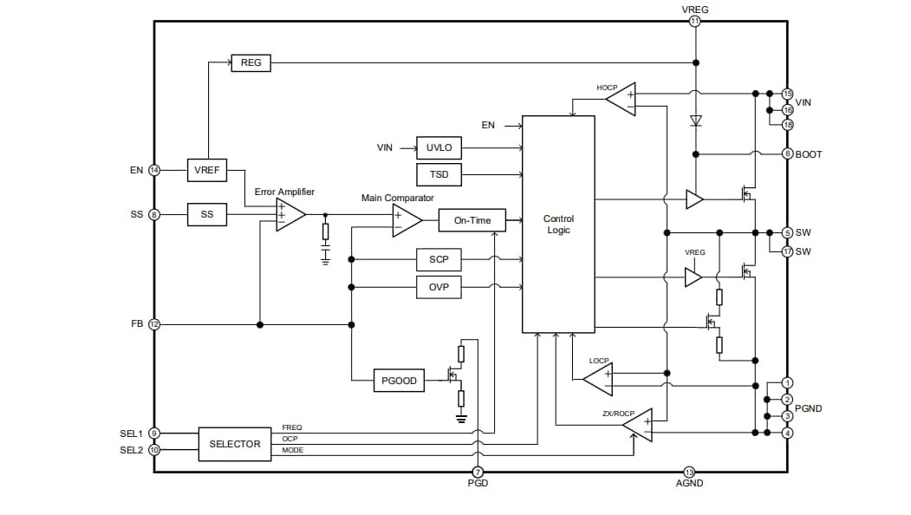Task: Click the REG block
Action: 251,62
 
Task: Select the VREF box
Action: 206,170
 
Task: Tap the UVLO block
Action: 439,148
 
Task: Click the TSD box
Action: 439,175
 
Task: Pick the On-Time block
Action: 472,220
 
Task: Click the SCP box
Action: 439,259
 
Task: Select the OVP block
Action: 439,286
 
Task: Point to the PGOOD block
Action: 399,381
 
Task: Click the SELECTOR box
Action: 234,444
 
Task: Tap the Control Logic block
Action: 558,225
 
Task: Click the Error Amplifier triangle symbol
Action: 289,214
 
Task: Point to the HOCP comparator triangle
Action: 621,100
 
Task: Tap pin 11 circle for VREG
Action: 694,21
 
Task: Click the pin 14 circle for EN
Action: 154,170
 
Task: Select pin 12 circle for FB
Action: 154,324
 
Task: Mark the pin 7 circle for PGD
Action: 478,472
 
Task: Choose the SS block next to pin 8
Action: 206,214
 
